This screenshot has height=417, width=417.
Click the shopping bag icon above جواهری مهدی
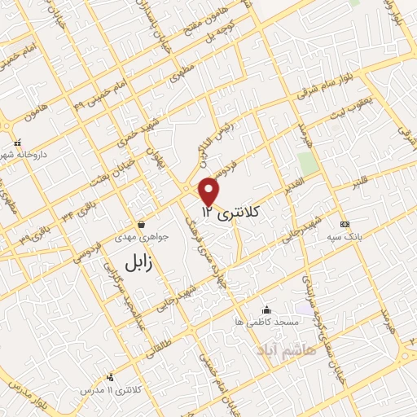(x=142, y=224)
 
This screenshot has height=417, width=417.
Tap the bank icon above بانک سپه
(x=345, y=224)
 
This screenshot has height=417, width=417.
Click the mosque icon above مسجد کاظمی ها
(x=266, y=309)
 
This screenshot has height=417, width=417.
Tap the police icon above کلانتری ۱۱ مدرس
(x=110, y=377)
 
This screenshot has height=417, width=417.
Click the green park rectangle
(x=307, y=163)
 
